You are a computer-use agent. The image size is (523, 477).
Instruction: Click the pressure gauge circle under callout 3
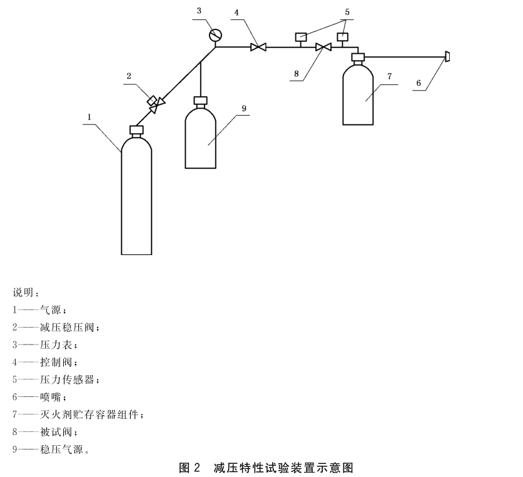click(x=216, y=35)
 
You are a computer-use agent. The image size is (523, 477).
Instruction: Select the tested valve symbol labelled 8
click(x=323, y=46)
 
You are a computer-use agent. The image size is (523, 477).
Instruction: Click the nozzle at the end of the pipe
click(x=447, y=58)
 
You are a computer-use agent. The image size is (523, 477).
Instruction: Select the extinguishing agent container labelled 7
click(x=358, y=94)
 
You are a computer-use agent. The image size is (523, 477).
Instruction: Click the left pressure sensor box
click(x=300, y=36)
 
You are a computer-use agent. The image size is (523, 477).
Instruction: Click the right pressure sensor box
click(x=342, y=36)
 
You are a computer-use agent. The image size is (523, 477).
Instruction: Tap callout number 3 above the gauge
click(x=199, y=11)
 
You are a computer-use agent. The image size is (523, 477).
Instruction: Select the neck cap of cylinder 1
click(x=136, y=130)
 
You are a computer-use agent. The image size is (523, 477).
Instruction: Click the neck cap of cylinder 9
click(x=200, y=100)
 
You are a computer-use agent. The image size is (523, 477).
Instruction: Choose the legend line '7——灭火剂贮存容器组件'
click(x=78, y=414)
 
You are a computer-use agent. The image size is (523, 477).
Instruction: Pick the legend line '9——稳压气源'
click(x=51, y=448)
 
